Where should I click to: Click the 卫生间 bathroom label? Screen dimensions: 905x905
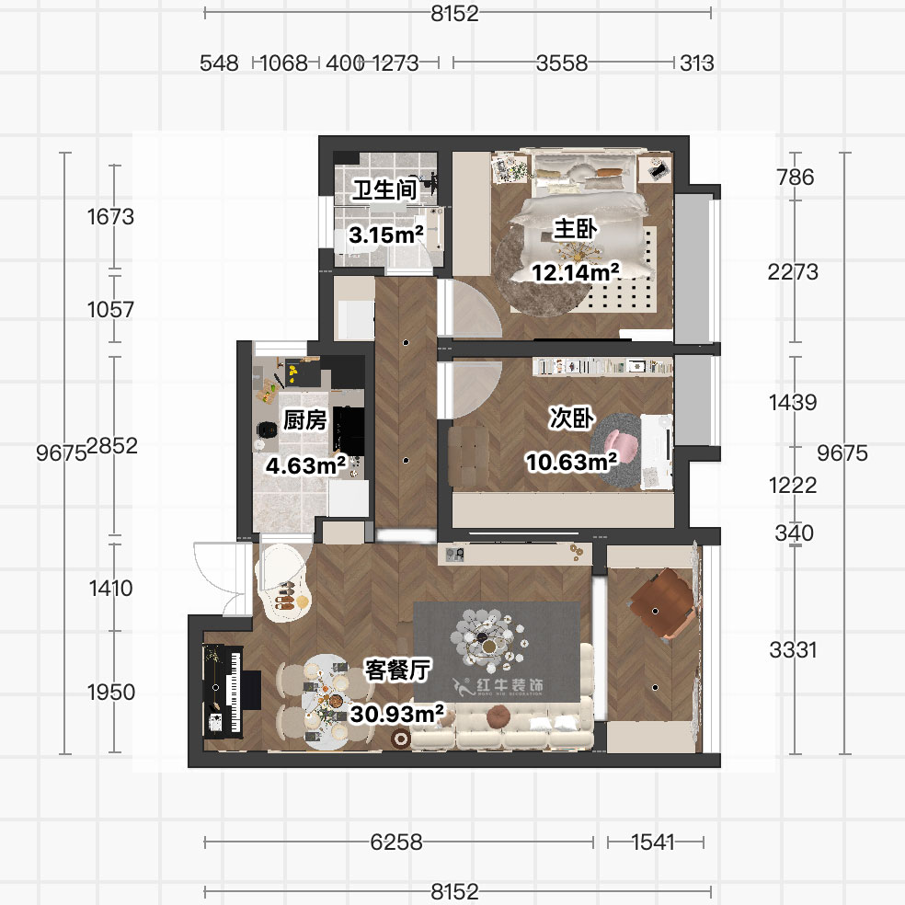point(385,190)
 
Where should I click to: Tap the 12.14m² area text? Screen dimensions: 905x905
point(574,272)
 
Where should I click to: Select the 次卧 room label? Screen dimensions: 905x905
point(569,418)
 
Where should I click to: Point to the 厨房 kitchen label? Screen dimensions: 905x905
point(304,421)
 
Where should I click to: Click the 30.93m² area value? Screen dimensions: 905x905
point(397,712)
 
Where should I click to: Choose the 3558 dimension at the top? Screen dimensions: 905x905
point(562,63)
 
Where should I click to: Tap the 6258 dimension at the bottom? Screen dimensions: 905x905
point(396,842)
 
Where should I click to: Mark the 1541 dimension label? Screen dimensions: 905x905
point(653,842)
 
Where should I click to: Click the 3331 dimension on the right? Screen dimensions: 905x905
point(793,650)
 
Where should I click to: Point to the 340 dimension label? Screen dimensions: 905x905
point(795,533)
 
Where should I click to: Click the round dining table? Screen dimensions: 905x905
point(326,701)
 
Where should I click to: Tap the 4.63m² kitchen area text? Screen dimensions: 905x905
point(305,465)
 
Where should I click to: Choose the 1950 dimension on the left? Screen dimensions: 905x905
point(111,693)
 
